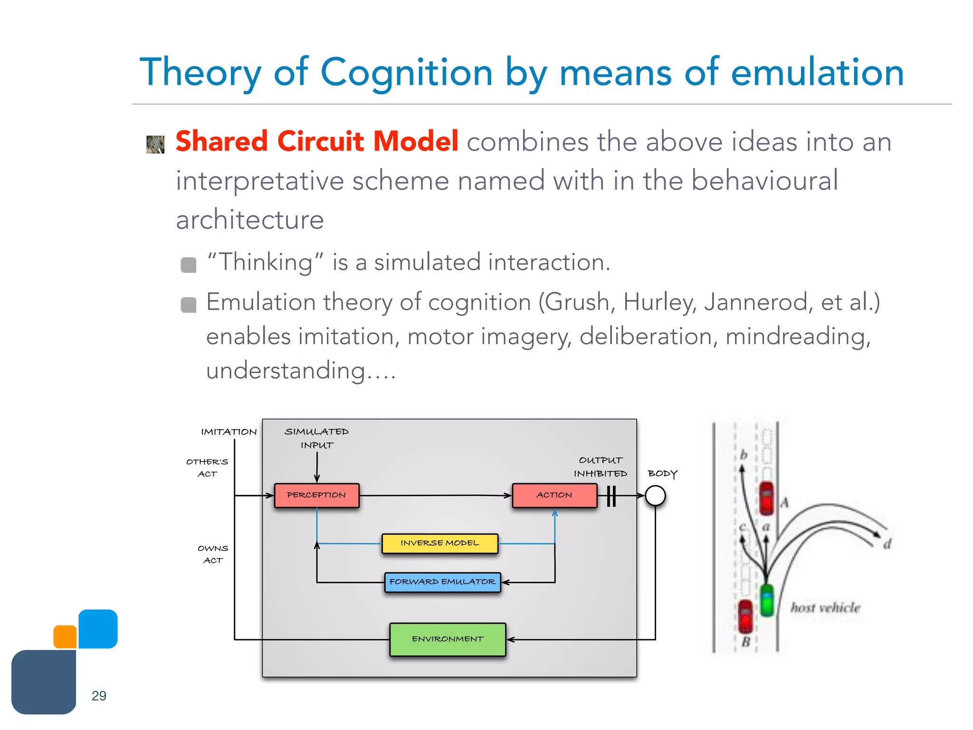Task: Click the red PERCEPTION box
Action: click(x=316, y=495)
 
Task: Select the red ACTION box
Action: click(x=554, y=495)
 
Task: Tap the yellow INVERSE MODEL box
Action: click(x=440, y=543)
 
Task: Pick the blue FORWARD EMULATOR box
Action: click(x=442, y=582)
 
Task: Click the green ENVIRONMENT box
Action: click(x=448, y=639)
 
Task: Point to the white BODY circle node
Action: click(x=655, y=495)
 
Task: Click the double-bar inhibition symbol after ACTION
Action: click(x=611, y=496)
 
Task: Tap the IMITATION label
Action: click(x=229, y=432)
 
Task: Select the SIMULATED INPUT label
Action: click(x=316, y=438)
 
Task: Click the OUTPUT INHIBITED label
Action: click(x=601, y=467)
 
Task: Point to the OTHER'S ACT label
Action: click(x=207, y=468)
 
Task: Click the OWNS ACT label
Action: click(x=213, y=554)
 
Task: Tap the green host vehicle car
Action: click(x=766, y=600)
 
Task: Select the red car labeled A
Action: click(x=766, y=498)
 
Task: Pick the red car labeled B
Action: click(x=745, y=616)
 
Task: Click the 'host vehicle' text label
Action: click(x=825, y=608)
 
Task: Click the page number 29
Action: click(x=99, y=696)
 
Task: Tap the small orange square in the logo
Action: click(x=65, y=637)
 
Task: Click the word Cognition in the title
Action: click(x=406, y=72)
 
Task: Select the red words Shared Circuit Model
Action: click(x=317, y=142)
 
